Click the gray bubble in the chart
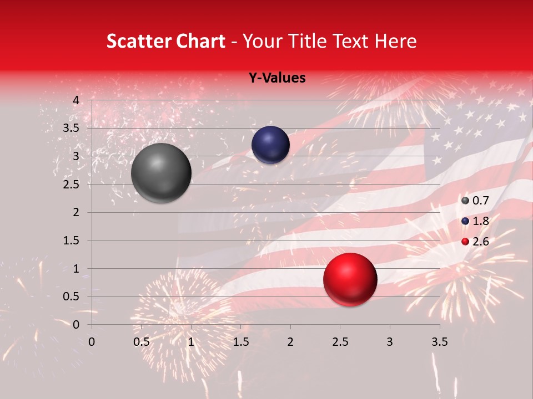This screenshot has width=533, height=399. coord(162,172)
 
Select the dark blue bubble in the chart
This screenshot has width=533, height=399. coord(270,145)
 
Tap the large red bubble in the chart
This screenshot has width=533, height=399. coord(350,279)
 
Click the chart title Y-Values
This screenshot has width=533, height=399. coord(276,78)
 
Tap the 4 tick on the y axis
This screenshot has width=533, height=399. coord(76,100)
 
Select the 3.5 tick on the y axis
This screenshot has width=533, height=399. coord(72,128)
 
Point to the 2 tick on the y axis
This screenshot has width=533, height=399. coord(76,212)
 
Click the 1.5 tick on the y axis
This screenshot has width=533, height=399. coord(72,241)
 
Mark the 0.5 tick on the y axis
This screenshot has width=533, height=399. coord(72,296)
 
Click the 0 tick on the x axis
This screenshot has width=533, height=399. coord(92,342)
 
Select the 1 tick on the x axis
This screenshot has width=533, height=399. coord(191,342)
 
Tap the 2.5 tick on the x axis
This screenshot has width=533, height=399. coord(340,342)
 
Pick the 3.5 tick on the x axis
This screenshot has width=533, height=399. coord(439,342)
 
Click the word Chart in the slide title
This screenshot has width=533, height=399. coord(198,41)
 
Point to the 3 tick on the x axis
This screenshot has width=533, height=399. coord(390,342)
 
